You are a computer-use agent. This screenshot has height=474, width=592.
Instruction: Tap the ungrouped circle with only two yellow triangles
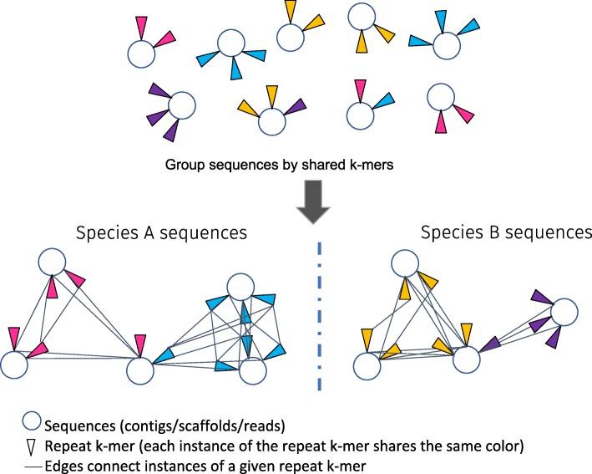pyautogui.click(x=290, y=38)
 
